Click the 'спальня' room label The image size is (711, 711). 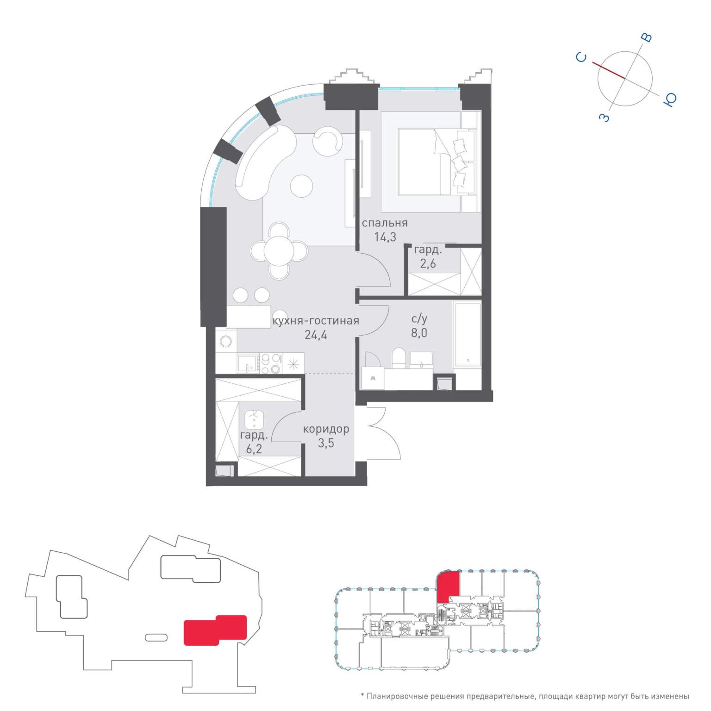pyautogui.click(x=385, y=223)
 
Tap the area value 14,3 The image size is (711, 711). pyautogui.click(x=385, y=237)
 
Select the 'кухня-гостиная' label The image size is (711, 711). pyautogui.click(x=316, y=320)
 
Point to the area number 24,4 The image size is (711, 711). pyautogui.click(x=316, y=335)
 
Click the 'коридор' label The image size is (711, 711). pyautogui.click(x=326, y=429)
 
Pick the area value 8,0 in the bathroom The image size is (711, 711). pyautogui.click(x=419, y=333)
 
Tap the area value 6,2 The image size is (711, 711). pyautogui.click(x=254, y=449)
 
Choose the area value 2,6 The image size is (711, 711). pyautogui.click(x=428, y=264)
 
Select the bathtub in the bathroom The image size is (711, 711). pyautogui.click(x=468, y=335)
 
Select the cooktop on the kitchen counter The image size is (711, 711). pyautogui.click(x=271, y=363)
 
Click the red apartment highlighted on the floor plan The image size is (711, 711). pyautogui.click(x=448, y=586)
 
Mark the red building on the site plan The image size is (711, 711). pyautogui.click(x=215, y=630)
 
